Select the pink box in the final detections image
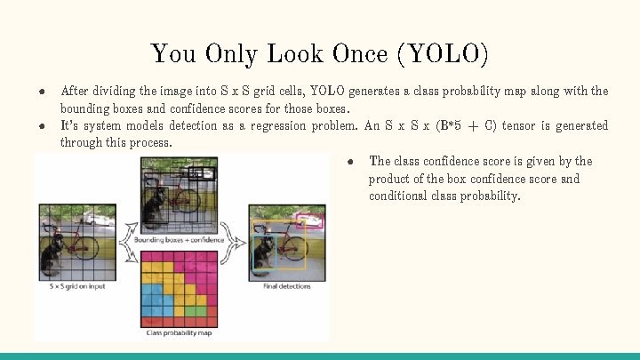pyautogui.click(x=310, y=217)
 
